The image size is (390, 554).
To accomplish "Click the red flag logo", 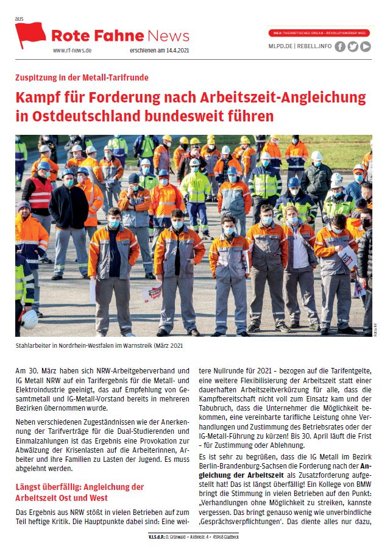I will click(30, 35).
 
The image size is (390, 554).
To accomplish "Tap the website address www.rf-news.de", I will click(74, 51).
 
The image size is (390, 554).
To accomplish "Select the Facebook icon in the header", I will click(339, 46).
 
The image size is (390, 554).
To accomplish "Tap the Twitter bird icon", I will click(352, 46).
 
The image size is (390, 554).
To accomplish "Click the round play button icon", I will click(365, 46).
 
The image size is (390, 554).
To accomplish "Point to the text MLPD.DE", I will click(282, 46).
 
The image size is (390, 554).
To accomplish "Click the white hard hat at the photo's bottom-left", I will click(29, 318).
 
